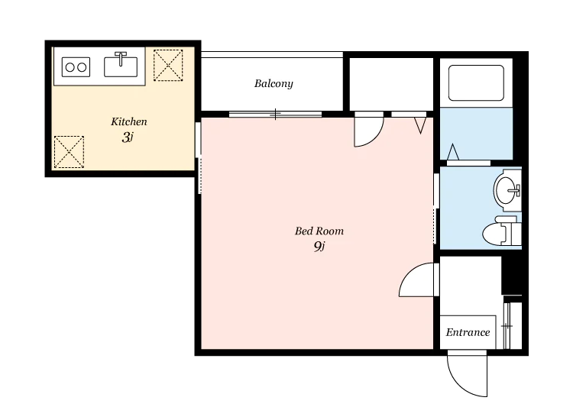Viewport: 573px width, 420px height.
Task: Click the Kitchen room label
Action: pyautogui.click(x=129, y=121)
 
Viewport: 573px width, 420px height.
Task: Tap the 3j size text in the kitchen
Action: pyautogui.click(x=128, y=137)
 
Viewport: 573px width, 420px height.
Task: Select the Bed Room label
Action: pyautogui.click(x=319, y=231)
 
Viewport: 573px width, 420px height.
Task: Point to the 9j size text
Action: pyautogui.click(x=319, y=247)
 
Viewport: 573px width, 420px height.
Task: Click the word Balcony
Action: pyautogui.click(x=274, y=84)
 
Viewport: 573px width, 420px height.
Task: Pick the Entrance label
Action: pyautogui.click(x=468, y=332)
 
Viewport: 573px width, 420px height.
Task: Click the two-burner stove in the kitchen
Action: pyautogui.click(x=76, y=67)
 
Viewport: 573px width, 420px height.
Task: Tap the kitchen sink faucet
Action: pyautogui.click(x=121, y=59)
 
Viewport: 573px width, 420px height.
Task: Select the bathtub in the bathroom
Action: pyautogui.click(x=476, y=83)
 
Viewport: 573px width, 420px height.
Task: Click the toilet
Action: pyautogui.click(x=502, y=231)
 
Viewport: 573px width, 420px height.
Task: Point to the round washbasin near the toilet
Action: pyautogui.click(x=505, y=190)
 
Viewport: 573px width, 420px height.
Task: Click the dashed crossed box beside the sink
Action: pyautogui.click(x=168, y=65)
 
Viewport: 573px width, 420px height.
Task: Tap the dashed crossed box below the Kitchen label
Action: pyautogui.click(x=69, y=152)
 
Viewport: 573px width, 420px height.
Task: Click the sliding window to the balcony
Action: pyautogui.click(x=275, y=115)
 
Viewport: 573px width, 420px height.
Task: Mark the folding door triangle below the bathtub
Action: pyautogui.click(x=453, y=152)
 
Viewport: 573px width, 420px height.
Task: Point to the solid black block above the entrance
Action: pyautogui.click(x=512, y=274)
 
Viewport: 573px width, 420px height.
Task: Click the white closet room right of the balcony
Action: pyautogui.click(x=391, y=84)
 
